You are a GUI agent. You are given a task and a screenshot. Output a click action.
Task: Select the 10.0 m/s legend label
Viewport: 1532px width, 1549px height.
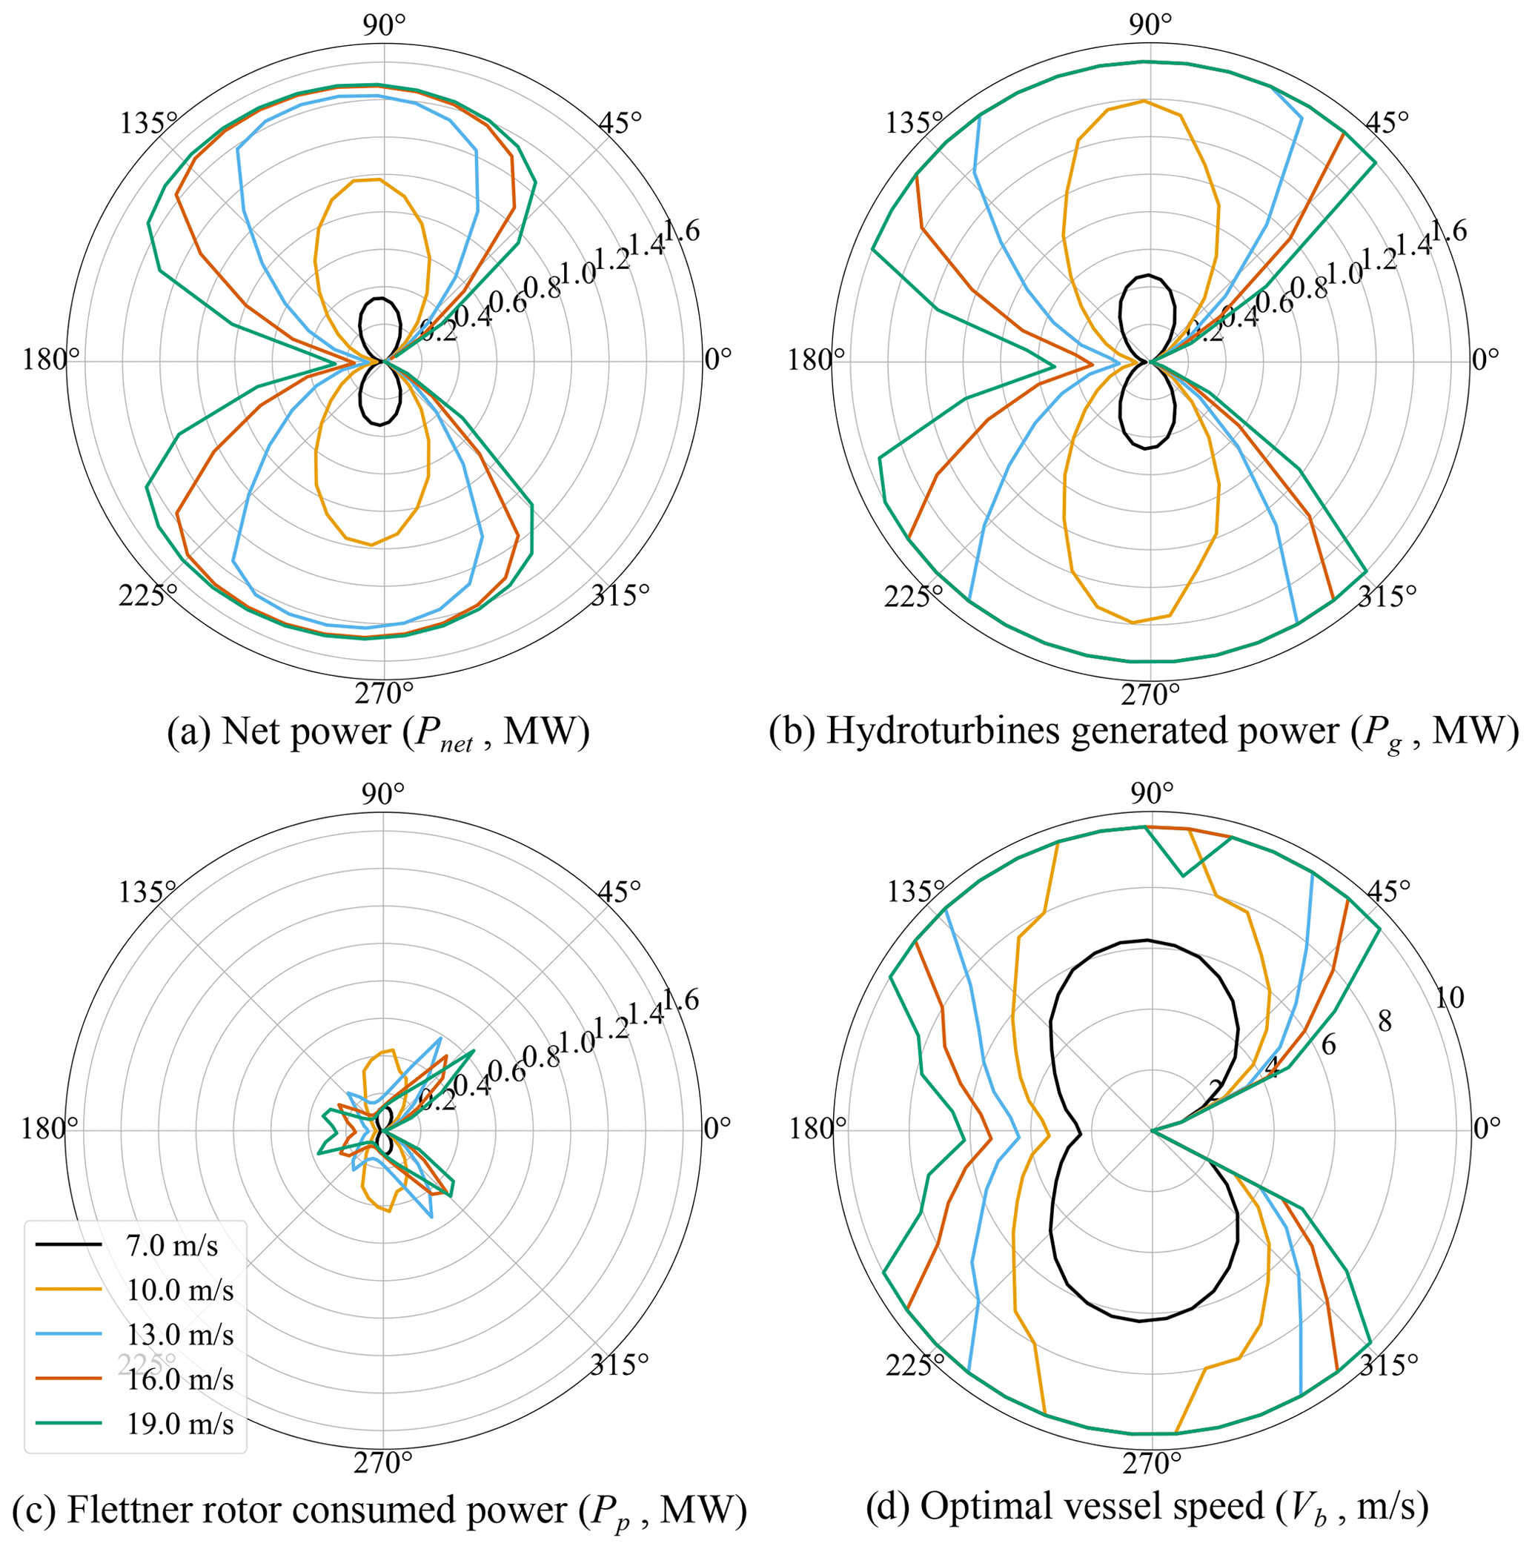[179, 1290]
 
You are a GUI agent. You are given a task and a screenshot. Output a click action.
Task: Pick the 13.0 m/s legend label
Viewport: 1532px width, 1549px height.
[179, 1335]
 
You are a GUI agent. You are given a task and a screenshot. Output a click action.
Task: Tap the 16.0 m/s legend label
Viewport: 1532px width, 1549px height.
[179, 1380]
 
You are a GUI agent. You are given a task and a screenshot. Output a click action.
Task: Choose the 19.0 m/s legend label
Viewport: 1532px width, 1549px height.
[179, 1424]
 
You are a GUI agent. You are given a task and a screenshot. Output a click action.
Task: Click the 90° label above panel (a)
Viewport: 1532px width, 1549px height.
[384, 27]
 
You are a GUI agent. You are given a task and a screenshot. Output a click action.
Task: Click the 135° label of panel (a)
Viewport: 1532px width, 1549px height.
[149, 124]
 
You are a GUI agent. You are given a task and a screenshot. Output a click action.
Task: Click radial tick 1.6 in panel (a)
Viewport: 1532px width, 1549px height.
[680, 232]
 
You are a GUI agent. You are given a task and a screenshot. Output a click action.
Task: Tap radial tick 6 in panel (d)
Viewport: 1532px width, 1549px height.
[1328, 1046]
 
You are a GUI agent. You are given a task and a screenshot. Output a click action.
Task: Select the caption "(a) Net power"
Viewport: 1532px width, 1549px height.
[377, 732]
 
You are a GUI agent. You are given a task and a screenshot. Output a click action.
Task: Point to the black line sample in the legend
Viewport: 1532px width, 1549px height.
[69, 1245]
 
